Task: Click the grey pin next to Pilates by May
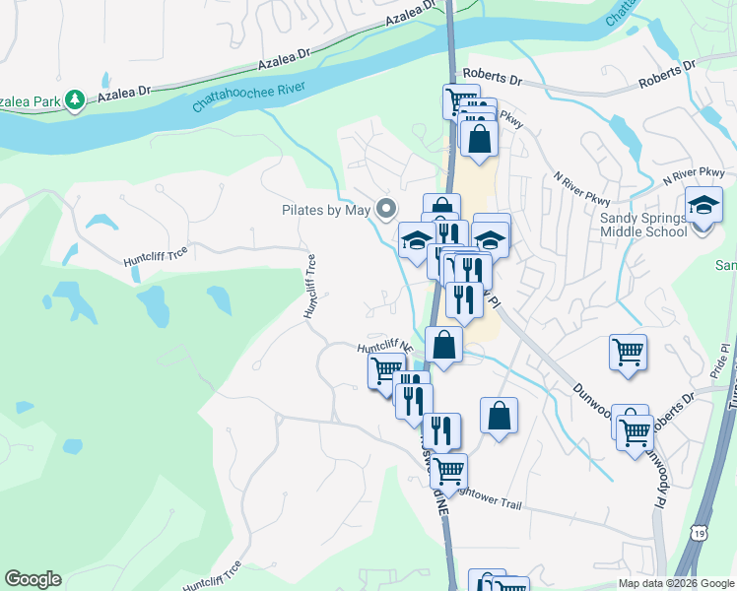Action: (386, 209)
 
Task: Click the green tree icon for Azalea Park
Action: (74, 99)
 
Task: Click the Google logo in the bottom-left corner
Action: (33, 579)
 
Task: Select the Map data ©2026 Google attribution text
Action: (676, 583)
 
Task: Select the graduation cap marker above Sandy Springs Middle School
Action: (703, 205)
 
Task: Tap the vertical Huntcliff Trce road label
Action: (310, 287)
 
